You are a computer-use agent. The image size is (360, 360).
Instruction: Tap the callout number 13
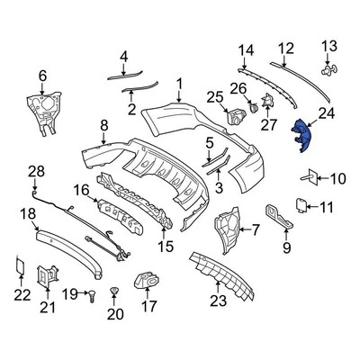coord(328,46)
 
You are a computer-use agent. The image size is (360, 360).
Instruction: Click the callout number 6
coord(41,76)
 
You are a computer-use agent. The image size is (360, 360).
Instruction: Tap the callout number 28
coord(36,170)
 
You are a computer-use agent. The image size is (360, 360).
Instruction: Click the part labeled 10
coord(309,178)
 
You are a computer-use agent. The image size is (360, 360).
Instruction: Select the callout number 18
coord(28,212)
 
